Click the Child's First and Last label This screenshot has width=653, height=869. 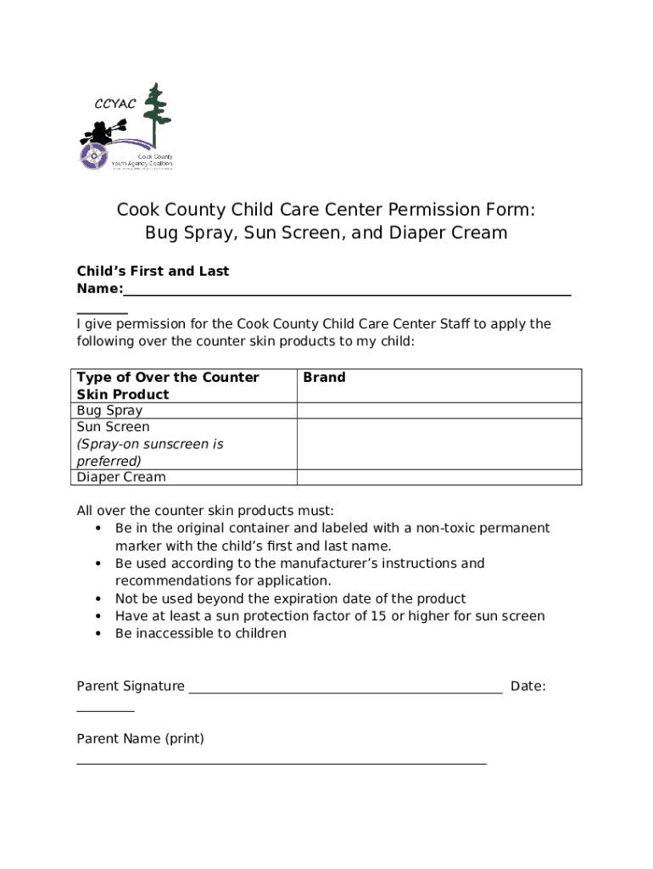coord(153,272)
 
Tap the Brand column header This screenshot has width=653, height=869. coord(324,378)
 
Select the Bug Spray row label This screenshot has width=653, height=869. coord(109,411)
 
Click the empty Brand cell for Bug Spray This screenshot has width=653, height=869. coord(438,411)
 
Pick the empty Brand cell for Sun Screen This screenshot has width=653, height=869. coord(438,444)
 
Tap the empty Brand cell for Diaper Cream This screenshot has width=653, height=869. coord(438,477)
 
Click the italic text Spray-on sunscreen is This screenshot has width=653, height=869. coord(150,444)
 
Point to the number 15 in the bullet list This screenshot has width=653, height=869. coord(378,616)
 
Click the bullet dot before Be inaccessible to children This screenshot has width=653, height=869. coord(98,634)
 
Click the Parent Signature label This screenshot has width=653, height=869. coord(131,686)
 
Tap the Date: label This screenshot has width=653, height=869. coord(527,686)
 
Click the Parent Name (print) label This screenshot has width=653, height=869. coord(140,739)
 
